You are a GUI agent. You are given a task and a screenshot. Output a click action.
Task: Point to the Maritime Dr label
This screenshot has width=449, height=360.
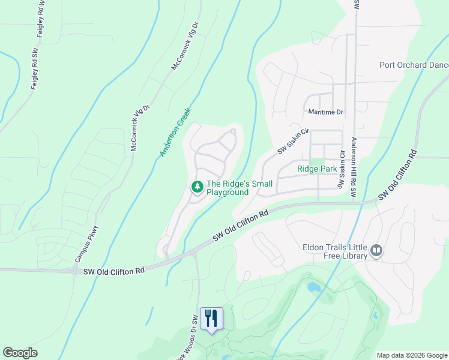325,112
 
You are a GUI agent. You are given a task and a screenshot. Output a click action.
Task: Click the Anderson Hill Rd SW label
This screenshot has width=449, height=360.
354,166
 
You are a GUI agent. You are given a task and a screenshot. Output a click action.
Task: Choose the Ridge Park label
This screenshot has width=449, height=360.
317,169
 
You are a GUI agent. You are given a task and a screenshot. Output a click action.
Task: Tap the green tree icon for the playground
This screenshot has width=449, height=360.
197,187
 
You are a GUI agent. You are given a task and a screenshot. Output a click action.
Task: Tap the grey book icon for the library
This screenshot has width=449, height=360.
376,250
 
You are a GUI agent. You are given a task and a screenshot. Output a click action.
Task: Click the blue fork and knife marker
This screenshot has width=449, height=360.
211,317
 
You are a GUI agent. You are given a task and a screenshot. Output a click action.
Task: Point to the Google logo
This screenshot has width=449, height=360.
20,353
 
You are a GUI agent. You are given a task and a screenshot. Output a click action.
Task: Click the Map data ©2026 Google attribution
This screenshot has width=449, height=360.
411,355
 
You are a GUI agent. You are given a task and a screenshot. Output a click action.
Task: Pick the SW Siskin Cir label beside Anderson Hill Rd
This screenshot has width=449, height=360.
343,171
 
